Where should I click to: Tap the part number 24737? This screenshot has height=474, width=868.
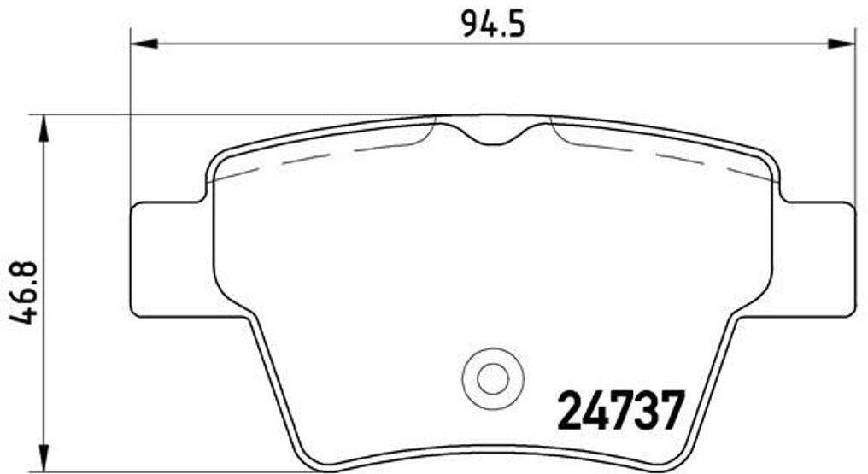621,412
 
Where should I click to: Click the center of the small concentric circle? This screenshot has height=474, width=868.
490,377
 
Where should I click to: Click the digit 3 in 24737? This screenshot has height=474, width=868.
642,412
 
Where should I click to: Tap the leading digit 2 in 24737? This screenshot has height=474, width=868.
571,412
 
